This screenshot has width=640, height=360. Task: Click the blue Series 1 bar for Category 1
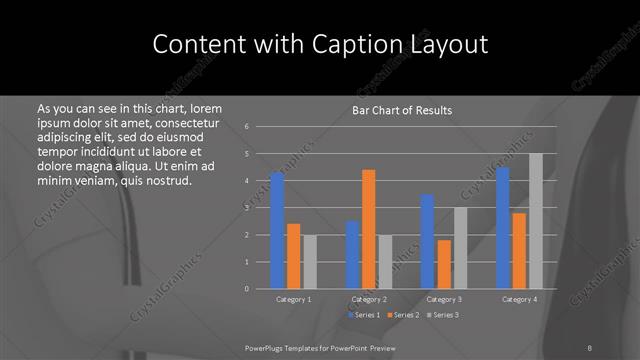click(277, 230)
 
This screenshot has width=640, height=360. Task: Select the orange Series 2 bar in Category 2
click(368, 229)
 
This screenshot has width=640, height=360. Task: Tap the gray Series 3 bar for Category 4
click(535, 221)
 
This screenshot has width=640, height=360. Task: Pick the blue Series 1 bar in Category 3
click(427, 241)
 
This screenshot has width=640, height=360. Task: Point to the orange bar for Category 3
click(443, 264)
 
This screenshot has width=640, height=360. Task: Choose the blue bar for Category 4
click(502, 227)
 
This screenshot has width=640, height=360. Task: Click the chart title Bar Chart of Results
click(402, 110)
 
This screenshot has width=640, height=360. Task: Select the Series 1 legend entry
click(364, 315)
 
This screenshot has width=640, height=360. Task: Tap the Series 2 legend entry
click(403, 315)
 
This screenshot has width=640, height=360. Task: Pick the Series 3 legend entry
click(442, 315)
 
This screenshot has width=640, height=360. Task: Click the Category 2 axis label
click(368, 299)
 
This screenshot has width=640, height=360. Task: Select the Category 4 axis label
click(518, 299)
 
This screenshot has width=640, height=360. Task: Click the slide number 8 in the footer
click(591, 347)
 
